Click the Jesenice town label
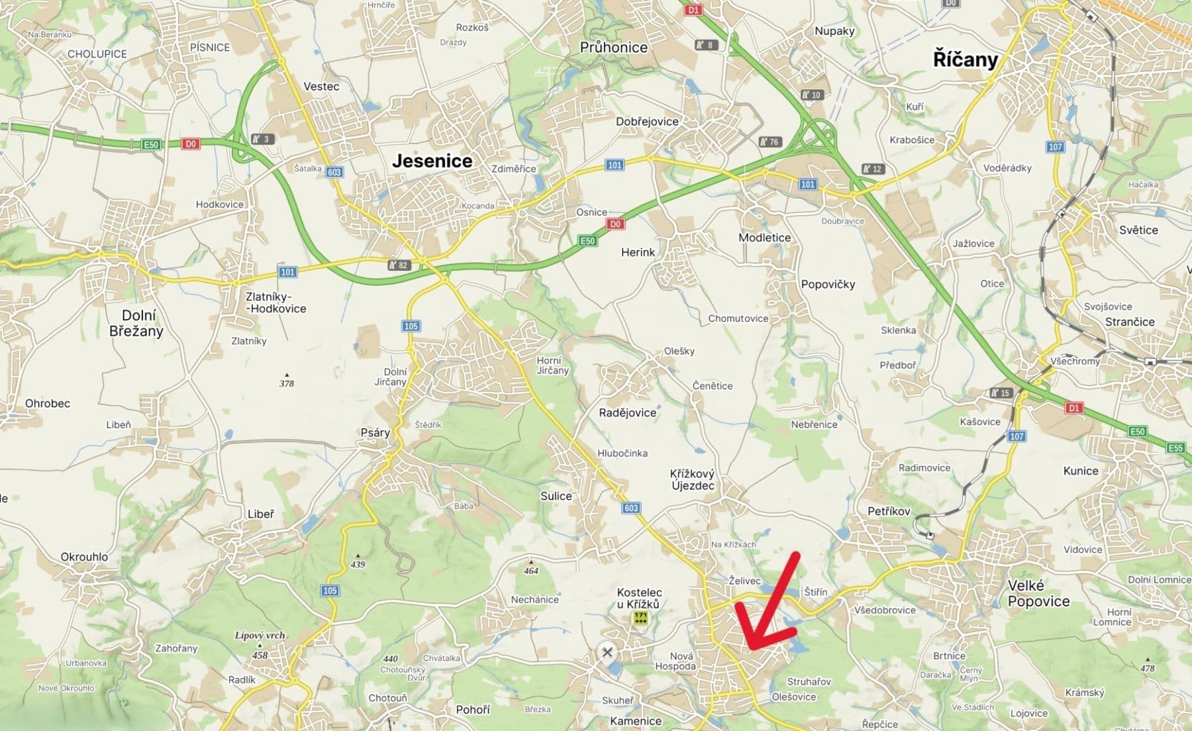432,160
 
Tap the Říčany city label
965,60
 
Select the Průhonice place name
613,47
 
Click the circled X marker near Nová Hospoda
607,652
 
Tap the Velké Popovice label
1038,593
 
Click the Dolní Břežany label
136,323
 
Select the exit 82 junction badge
399,265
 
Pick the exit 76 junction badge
770,142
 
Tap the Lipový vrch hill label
260,635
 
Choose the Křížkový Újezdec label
692,479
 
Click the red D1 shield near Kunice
1074,408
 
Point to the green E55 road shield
1175,448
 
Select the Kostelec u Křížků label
639,598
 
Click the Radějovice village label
627,413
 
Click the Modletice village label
764,237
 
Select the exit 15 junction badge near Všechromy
1001,393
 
